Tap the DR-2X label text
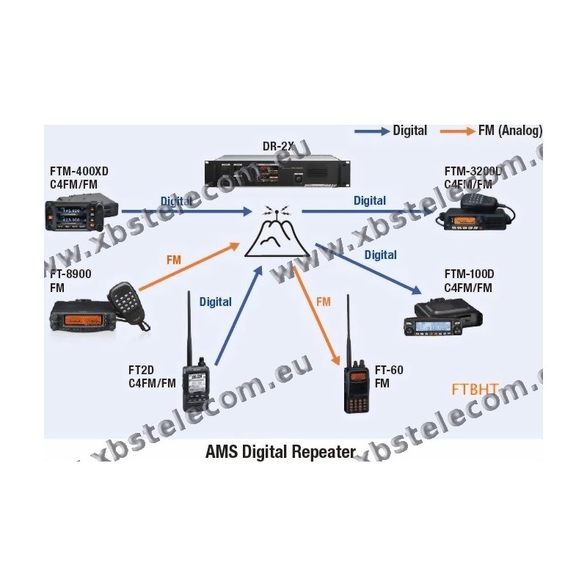coord(277,146)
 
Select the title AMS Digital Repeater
coord(280,451)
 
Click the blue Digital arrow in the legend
coord(371,131)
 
